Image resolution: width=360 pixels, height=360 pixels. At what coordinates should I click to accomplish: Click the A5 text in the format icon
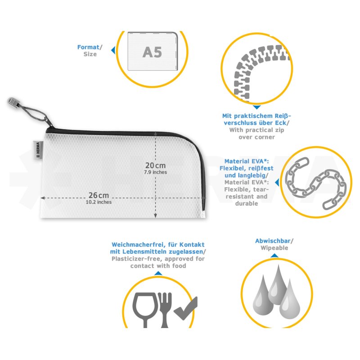152,52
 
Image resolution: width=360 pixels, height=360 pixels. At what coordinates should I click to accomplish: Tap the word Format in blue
88,47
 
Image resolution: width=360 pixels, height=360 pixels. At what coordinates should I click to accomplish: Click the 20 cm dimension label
155,165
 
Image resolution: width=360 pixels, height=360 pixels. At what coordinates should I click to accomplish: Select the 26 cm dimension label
99,195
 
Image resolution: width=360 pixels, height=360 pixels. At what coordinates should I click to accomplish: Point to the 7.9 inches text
155,172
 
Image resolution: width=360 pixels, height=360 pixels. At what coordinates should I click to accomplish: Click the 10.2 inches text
99,202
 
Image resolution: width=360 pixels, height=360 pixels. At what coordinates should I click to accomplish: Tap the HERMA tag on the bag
38,150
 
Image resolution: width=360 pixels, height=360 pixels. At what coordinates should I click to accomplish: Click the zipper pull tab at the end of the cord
13,103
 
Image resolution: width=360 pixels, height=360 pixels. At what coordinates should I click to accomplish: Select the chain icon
316,183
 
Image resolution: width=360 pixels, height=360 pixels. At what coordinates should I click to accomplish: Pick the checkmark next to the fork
186,308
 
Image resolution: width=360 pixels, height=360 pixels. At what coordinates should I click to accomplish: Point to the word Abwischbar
273,241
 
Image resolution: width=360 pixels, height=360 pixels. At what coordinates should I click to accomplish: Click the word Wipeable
274,248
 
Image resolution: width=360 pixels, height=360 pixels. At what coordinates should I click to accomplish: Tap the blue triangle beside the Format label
113,50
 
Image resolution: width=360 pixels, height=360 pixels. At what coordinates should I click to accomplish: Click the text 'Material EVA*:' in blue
247,161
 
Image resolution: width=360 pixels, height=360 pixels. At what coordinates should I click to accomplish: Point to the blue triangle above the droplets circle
274,256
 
